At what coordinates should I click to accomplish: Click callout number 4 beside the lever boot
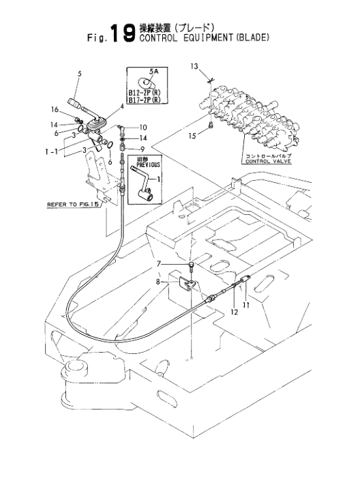pos(121,106)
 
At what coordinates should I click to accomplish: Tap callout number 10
pos(143,128)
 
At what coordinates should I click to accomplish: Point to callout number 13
pos(193,66)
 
